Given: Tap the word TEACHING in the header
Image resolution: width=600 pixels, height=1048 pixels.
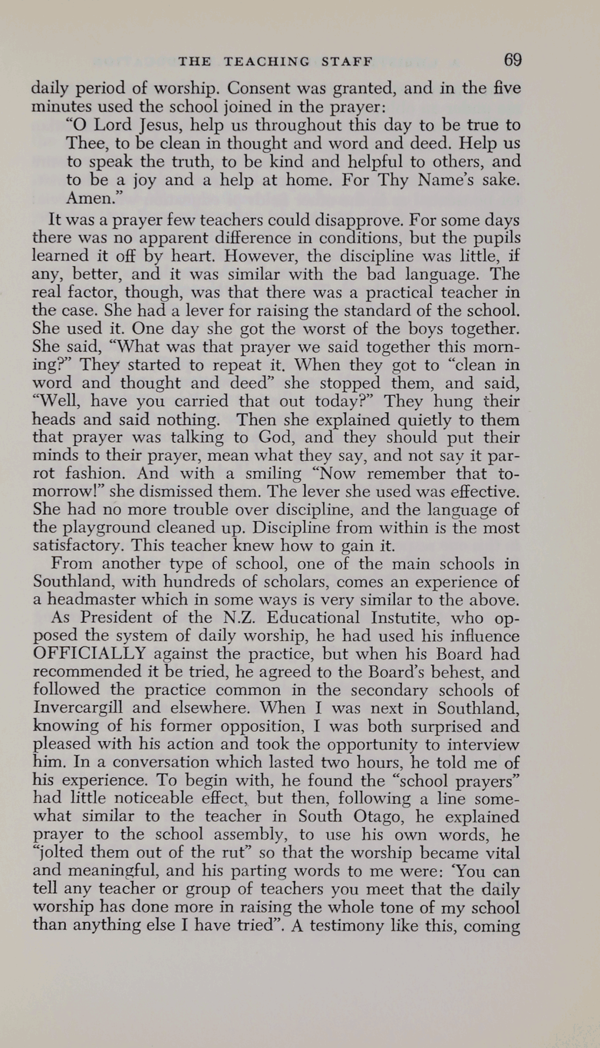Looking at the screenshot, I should pyautogui.click(x=267, y=61).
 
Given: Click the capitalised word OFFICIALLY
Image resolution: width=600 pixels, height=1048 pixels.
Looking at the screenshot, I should pyautogui.click(x=89, y=654).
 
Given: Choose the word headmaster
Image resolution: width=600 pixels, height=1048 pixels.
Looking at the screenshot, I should pyautogui.click(x=89, y=599).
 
